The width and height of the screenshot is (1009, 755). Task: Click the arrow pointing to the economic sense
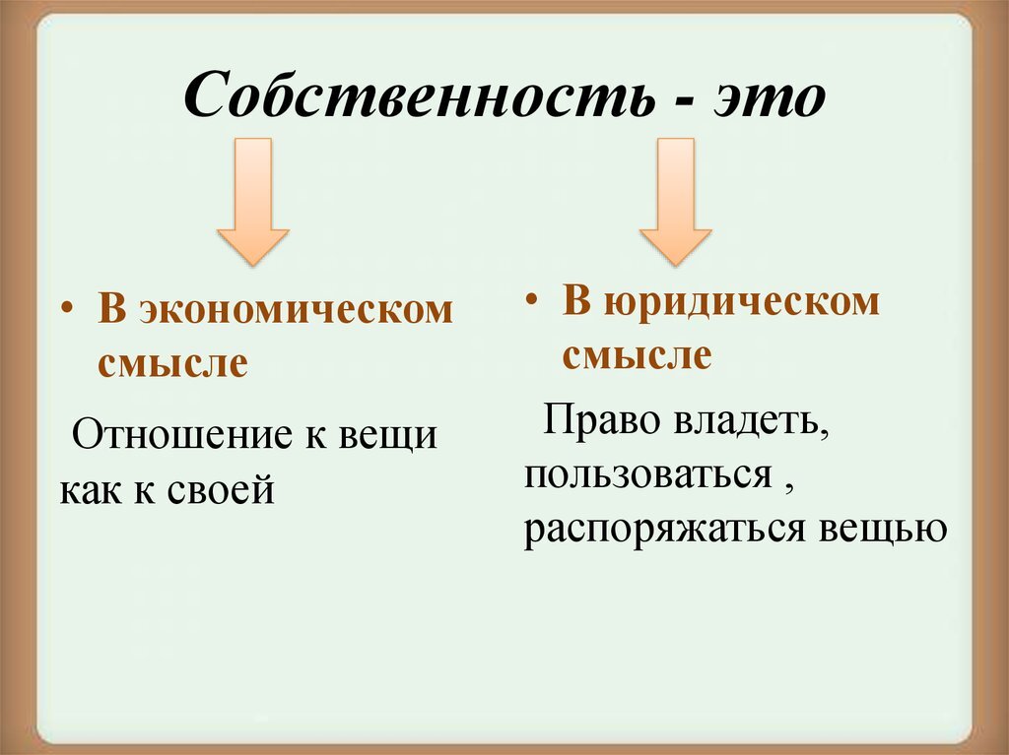click(x=252, y=202)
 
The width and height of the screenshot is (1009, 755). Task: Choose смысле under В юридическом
click(x=637, y=354)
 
